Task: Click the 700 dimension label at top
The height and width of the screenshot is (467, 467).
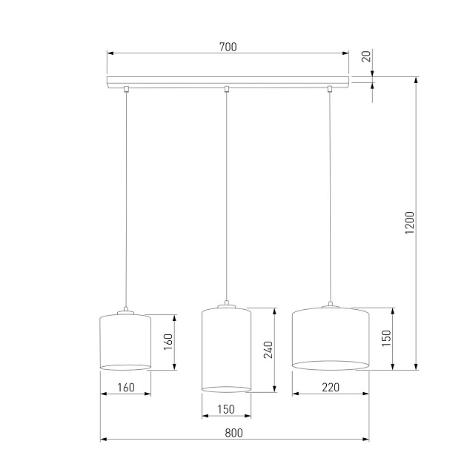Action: point(228,47)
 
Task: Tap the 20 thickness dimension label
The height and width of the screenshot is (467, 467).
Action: point(366,56)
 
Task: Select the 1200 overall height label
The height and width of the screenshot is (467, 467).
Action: point(410,223)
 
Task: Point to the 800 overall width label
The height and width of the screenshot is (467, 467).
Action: point(233,433)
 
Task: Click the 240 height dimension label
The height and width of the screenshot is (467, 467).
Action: point(268,350)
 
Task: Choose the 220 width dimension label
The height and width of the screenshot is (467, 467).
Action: point(331,387)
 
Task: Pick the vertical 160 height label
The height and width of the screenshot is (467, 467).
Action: point(168,342)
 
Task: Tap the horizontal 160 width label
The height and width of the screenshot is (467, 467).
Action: point(126,388)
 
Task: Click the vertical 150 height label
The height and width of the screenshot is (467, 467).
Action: point(386,338)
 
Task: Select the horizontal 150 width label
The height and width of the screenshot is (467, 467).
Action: point(226,409)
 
